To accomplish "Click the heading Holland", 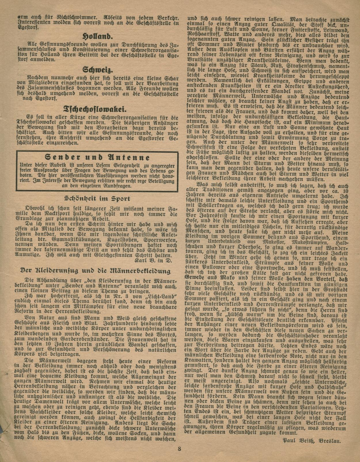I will click(94, 37).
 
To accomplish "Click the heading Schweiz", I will click(94, 69).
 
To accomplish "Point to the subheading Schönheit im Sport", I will click(98, 198).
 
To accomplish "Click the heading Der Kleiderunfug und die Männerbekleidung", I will click(95, 271).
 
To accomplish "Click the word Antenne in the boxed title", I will click(128, 157).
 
